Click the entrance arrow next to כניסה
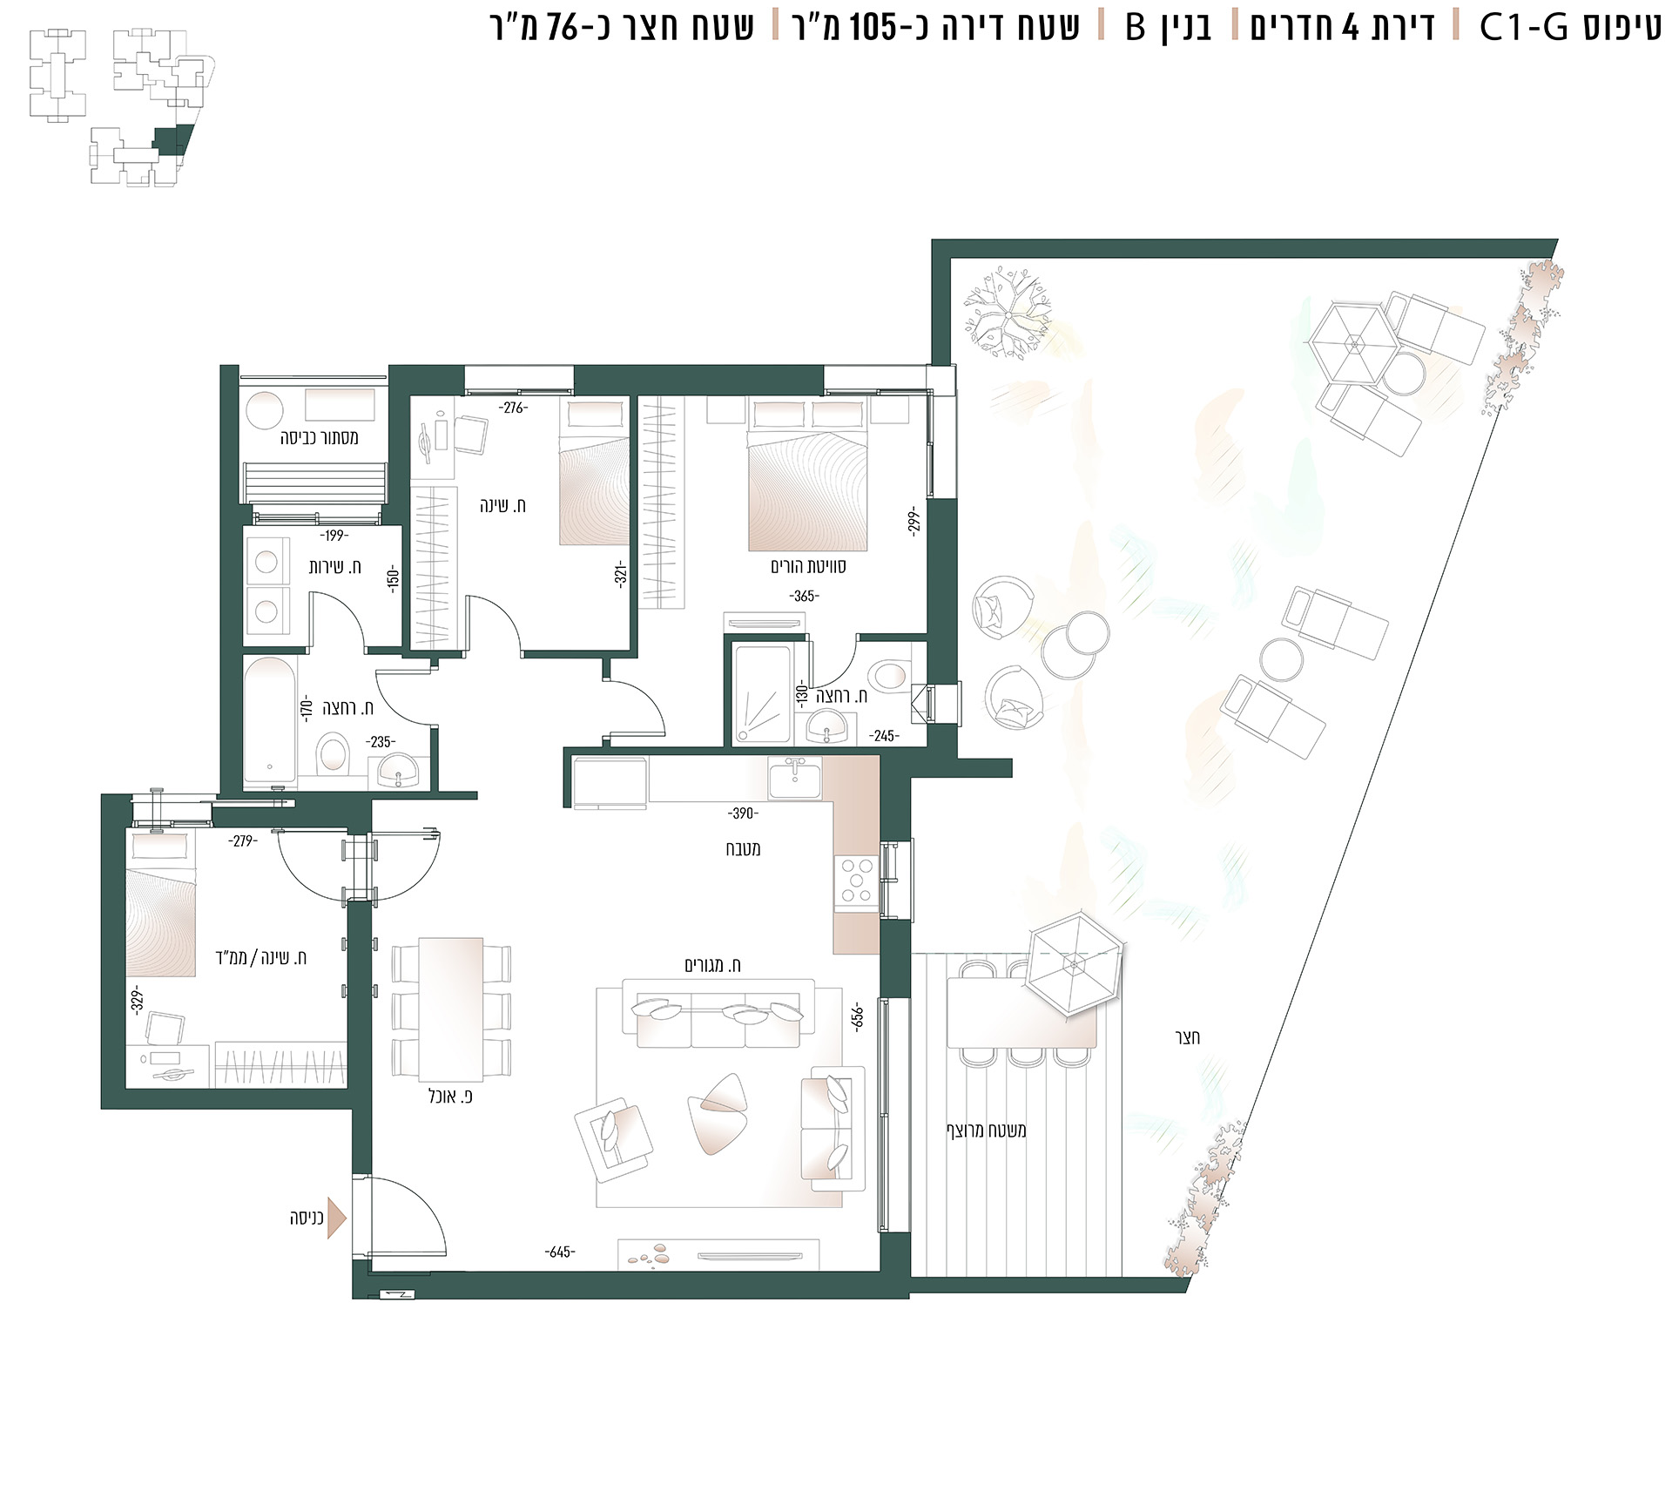(337, 1217)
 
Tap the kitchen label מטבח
(743, 848)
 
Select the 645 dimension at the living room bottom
(559, 1252)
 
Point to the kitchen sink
(793, 777)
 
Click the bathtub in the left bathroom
(270, 719)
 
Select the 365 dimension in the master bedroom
(804, 597)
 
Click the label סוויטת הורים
(807, 566)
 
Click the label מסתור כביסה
(319, 437)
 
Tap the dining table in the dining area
(451, 1009)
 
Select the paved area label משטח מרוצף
(987, 1130)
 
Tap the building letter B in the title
(1136, 28)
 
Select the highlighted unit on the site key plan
(172, 139)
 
